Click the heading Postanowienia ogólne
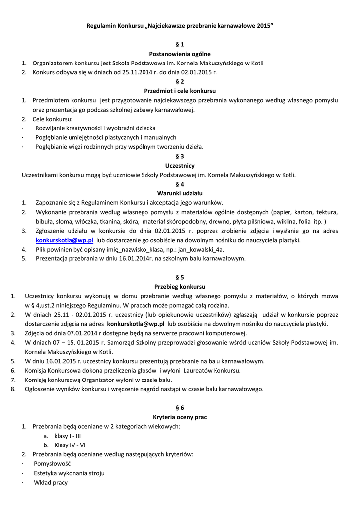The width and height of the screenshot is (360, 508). (180, 54)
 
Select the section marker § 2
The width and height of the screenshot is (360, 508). (180, 81)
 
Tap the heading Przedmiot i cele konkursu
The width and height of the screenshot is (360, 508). (180, 91)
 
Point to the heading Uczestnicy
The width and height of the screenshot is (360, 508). (180, 165)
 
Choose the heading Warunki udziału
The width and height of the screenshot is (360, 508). (180, 193)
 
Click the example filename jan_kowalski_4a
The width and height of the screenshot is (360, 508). (201, 249)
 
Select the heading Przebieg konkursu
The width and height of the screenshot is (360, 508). (180, 286)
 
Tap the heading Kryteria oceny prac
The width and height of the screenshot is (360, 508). (180, 417)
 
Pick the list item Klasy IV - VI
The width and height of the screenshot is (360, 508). (70, 445)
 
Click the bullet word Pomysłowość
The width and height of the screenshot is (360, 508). (53, 463)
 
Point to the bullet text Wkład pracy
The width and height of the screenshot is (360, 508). (51, 482)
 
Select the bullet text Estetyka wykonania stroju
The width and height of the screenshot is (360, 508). (70, 473)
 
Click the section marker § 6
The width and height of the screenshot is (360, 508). (180, 407)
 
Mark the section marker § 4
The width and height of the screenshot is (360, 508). (180, 184)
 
